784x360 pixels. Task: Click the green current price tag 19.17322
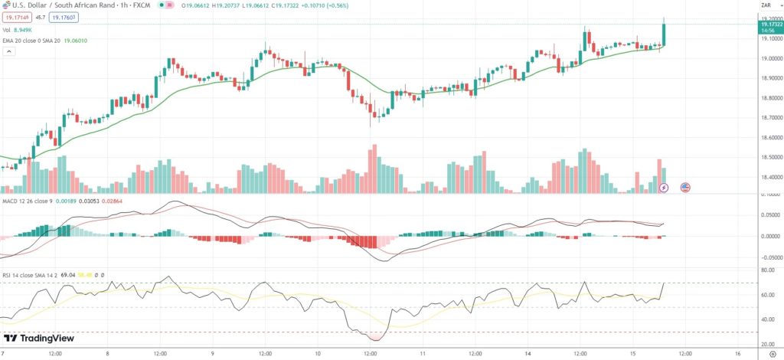tap(769, 25)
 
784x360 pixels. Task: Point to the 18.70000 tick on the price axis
tap(768, 118)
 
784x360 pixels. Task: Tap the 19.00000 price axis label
tap(768, 58)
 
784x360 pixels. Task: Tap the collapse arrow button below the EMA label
tap(9, 52)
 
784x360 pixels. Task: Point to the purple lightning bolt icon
tap(664, 187)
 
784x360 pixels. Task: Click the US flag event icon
tap(685, 187)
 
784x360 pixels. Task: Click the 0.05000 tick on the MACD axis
tap(768, 215)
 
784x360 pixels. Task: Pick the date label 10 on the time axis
tap(317, 354)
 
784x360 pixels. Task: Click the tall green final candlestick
tap(664, 34)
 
